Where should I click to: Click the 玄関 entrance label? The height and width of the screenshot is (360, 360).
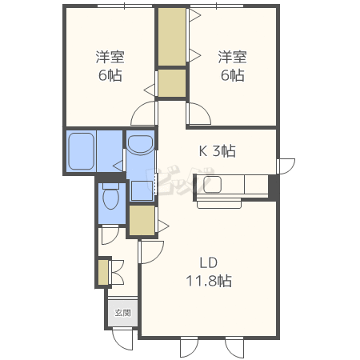(x=122, y=313)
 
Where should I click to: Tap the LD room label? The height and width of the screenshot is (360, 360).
(x=209, y=263)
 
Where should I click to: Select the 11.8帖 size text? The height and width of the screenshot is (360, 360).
(x=209, y=281)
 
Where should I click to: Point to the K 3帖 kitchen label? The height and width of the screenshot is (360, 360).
(x=218, y=151)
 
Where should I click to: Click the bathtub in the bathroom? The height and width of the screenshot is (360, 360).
(x=82, y=151)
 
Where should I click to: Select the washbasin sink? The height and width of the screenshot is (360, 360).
(x=141, y=145)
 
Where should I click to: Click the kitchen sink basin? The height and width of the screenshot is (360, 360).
(x=212, y=184)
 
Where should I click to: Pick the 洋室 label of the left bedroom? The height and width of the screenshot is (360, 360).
(x=110, y=57)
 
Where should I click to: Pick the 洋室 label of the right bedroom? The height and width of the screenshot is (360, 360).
(x=232, y=57)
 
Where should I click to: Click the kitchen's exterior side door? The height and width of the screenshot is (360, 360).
(x=286, y=166)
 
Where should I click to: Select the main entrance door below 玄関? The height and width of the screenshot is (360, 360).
(x=122, y=340)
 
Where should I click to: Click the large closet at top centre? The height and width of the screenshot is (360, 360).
(x=172, y=37)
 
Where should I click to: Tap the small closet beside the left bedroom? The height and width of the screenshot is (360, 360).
(x=172, y=83)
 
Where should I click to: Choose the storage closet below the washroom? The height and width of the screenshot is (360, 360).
(x=142, y=220)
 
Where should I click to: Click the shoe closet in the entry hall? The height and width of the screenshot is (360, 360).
(x=103, y=273)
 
